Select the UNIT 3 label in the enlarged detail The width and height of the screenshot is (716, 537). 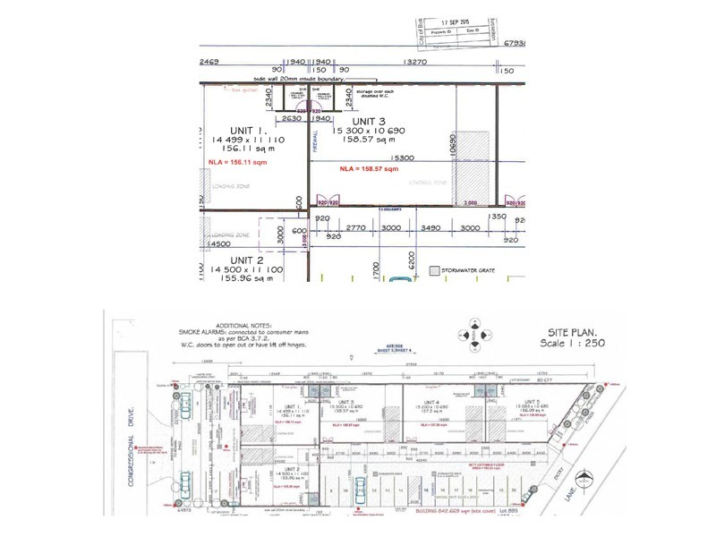coord(368,121)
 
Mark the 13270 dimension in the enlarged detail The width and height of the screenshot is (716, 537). coord(413,64)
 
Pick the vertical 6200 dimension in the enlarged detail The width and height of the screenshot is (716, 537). coord(413,260)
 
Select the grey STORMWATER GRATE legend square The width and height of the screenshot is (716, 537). coord(435,268)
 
